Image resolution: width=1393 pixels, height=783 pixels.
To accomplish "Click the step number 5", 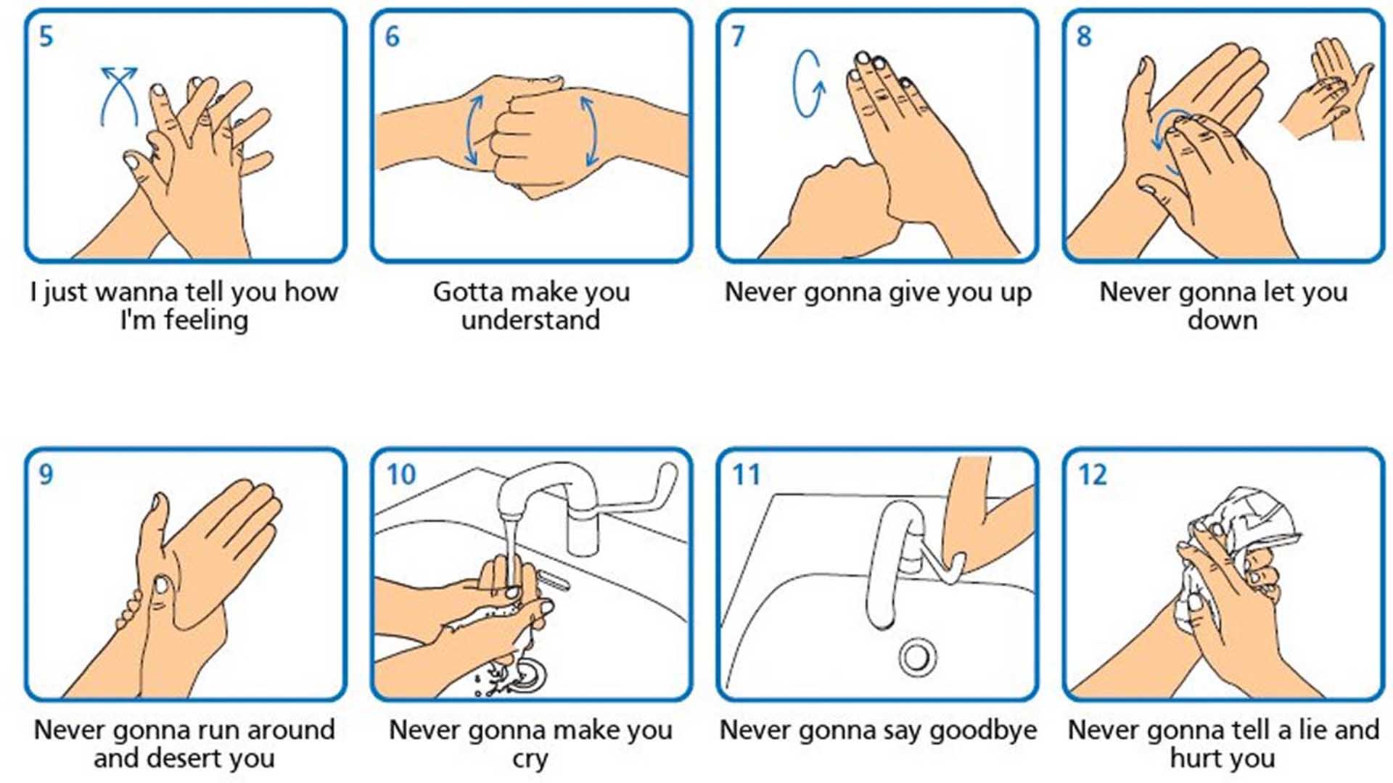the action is (46, 36).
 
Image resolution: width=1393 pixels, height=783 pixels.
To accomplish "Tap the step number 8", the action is (1084, 36).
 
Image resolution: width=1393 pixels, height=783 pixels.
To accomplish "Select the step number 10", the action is (400, 475).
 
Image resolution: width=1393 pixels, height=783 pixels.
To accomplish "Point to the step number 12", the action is (1093, 475).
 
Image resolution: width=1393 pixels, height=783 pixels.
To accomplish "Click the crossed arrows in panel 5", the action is (120, 94).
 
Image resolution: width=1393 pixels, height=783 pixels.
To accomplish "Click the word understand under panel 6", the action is (531, 320).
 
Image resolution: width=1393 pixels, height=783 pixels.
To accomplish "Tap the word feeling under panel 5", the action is (205, 320).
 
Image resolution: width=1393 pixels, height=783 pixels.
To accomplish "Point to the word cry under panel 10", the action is (530, 760).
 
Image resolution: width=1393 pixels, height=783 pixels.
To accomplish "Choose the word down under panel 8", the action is (1223, 320).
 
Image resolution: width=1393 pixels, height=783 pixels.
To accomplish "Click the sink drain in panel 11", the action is (917, 657).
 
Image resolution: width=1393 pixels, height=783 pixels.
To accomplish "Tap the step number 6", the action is (392, 36).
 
